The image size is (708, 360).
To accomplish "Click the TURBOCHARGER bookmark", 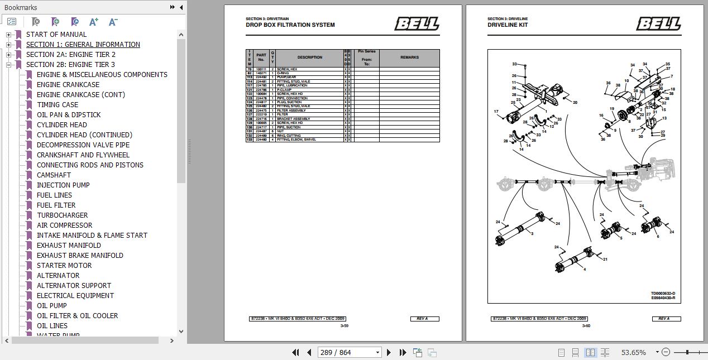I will (62, 215).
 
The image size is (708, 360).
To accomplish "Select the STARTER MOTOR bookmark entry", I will (64, 265).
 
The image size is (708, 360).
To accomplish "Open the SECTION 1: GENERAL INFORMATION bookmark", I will (83, 45).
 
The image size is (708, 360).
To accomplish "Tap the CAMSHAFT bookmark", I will (54, 175).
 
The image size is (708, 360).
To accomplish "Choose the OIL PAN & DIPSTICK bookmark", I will (69, 114).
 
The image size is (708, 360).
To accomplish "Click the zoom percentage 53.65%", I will (633, 352).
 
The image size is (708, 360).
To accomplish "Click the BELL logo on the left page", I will (417, 24).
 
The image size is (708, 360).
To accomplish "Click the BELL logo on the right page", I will (658, 24).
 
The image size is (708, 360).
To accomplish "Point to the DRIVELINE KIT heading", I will (507, 25).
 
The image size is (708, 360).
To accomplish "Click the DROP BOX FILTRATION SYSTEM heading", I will (290, 25).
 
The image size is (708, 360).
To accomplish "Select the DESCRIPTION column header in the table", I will (309, 57).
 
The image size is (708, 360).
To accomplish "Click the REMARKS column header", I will (409, 57).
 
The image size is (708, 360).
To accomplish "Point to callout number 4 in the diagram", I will (585, 270).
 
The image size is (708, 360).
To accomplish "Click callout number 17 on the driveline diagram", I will (496, 112).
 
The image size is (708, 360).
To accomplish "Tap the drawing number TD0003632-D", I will (662, 293).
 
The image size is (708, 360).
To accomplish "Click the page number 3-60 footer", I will (586, 326).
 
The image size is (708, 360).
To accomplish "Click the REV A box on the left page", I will (422, 319).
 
